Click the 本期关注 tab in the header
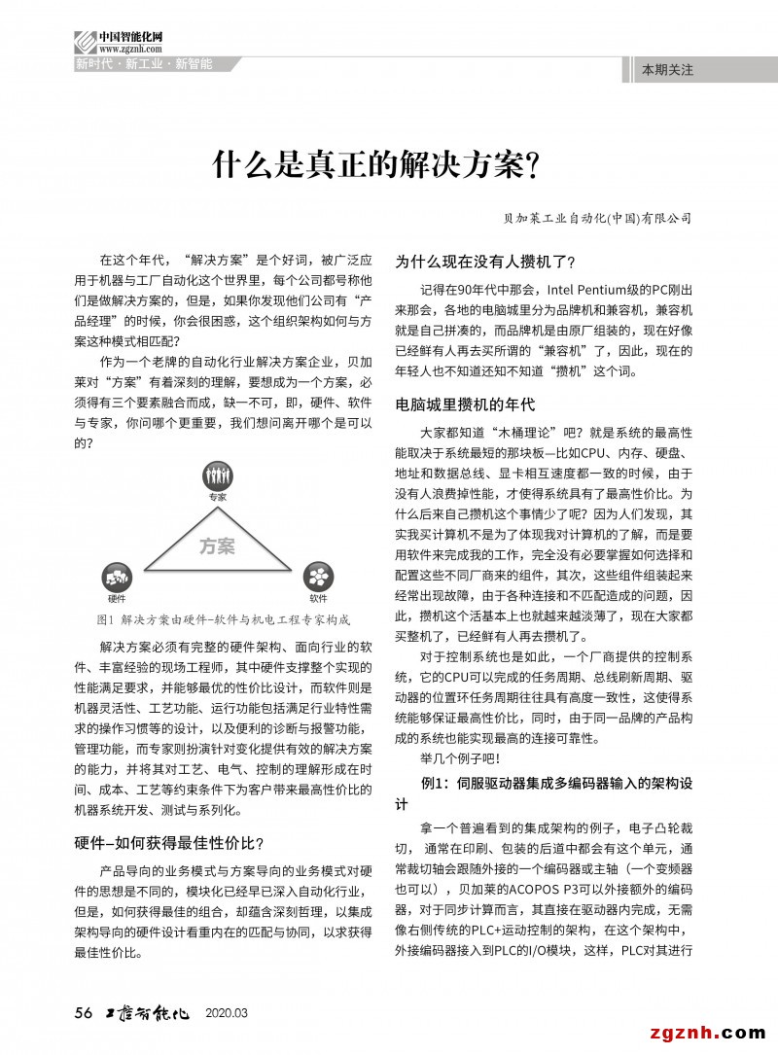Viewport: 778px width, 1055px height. pos(667,70)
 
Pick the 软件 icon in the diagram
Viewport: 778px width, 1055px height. pos(318,575)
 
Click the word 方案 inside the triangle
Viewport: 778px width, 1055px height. pos(217,546)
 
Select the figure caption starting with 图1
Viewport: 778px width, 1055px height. pos(224,618)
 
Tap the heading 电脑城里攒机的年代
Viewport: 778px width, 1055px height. pos(465,404)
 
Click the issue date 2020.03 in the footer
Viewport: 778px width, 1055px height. pos(227,1013)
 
